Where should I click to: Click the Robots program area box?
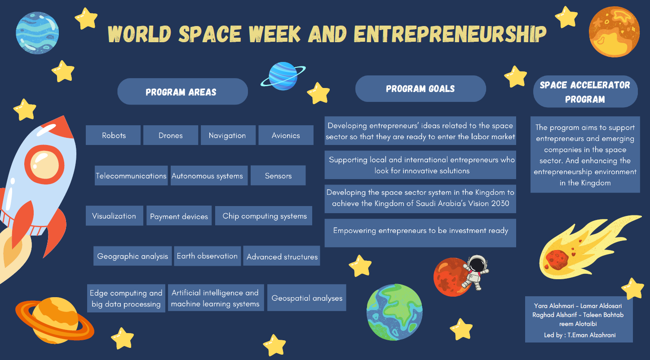point(113,135)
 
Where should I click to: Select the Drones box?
point(171,135)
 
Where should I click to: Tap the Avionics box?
point(286,135)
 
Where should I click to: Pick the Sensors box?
point(278,176)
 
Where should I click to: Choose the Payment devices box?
point(179,215)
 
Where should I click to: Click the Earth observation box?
point(208,256)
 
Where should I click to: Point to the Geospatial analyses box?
point(307,298)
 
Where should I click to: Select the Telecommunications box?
point(131,176)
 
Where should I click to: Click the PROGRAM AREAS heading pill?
point(182,92)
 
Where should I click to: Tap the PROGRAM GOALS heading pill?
point(420,89)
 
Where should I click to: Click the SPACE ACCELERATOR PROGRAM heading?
point(585,92)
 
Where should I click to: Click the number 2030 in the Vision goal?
point(500,203)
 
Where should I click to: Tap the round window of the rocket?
point(44,165)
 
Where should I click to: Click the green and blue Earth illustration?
point(394,312)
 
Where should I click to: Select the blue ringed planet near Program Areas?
point(283,76)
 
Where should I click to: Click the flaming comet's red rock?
point(557,259)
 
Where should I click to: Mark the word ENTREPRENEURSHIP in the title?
point(450,34)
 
